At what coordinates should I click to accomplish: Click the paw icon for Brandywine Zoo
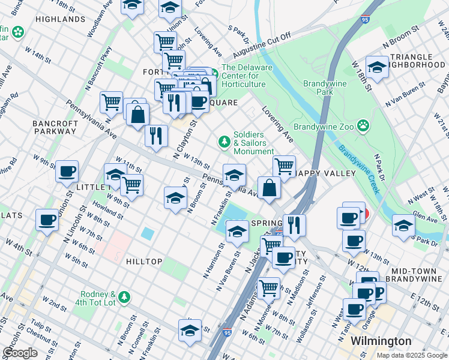(x=363, y=125)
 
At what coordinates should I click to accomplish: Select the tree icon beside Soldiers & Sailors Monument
(x=224, y=142)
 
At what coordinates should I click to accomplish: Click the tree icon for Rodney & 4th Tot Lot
(x=124, y=297)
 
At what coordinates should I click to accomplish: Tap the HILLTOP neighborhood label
(x=144, y=262)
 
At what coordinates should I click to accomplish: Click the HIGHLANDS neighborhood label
(x=60, y=19)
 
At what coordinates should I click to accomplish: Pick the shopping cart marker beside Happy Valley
(x=284, y=164)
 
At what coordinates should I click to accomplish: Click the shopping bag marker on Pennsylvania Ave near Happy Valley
(x=270, y=187)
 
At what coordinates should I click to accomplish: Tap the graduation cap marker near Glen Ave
(x=403, y=225)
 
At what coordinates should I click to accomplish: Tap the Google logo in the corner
(x=20, y=353)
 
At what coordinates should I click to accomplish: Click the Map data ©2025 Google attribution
(x=411, y=355)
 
